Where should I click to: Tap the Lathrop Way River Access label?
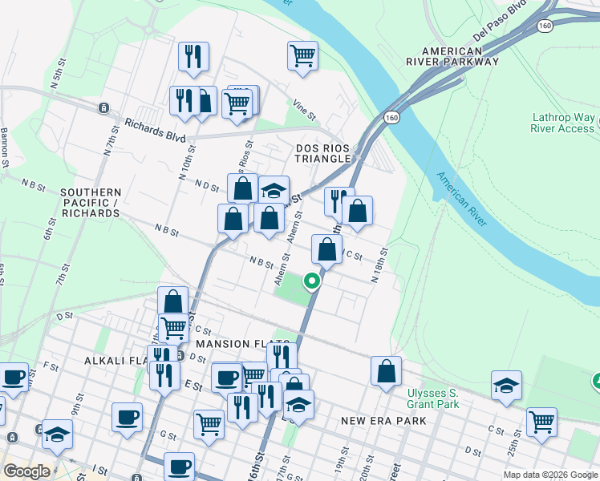tap(563, 123)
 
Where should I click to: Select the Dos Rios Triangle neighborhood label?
tap(323, 153)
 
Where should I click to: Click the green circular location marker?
tap(311, 281)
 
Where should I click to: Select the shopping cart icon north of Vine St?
tap(302, 56)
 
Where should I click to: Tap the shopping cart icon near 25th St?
tap(541, 421)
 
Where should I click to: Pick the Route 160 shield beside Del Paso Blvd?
tap(545, 26)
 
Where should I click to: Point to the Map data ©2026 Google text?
tap(549, 475)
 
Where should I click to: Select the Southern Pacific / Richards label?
tap(91, 204)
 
